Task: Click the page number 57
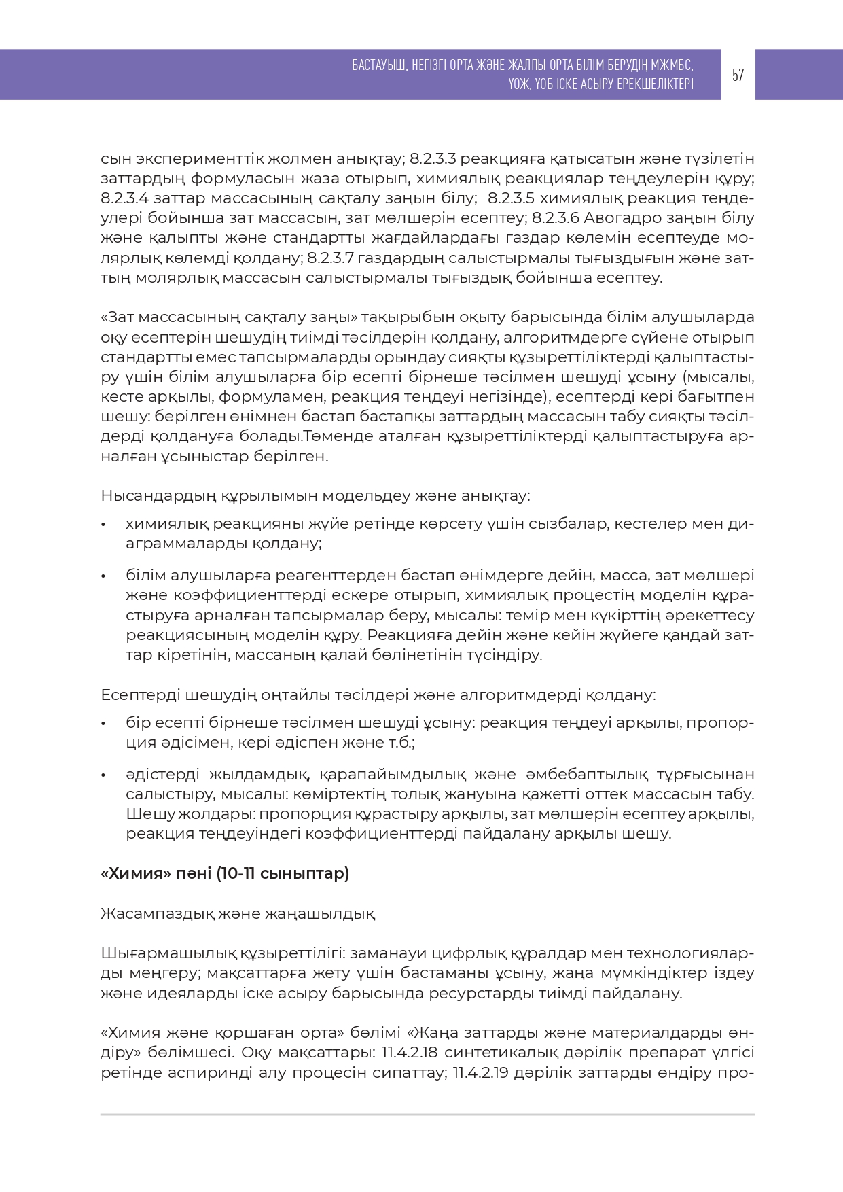point(738,75)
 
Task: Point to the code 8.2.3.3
point(433,159)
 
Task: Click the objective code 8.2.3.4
point(125,198)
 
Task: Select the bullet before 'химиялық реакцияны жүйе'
point(103,525)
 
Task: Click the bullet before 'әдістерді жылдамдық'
point(103,775)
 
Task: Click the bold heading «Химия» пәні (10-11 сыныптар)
point(225,873)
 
